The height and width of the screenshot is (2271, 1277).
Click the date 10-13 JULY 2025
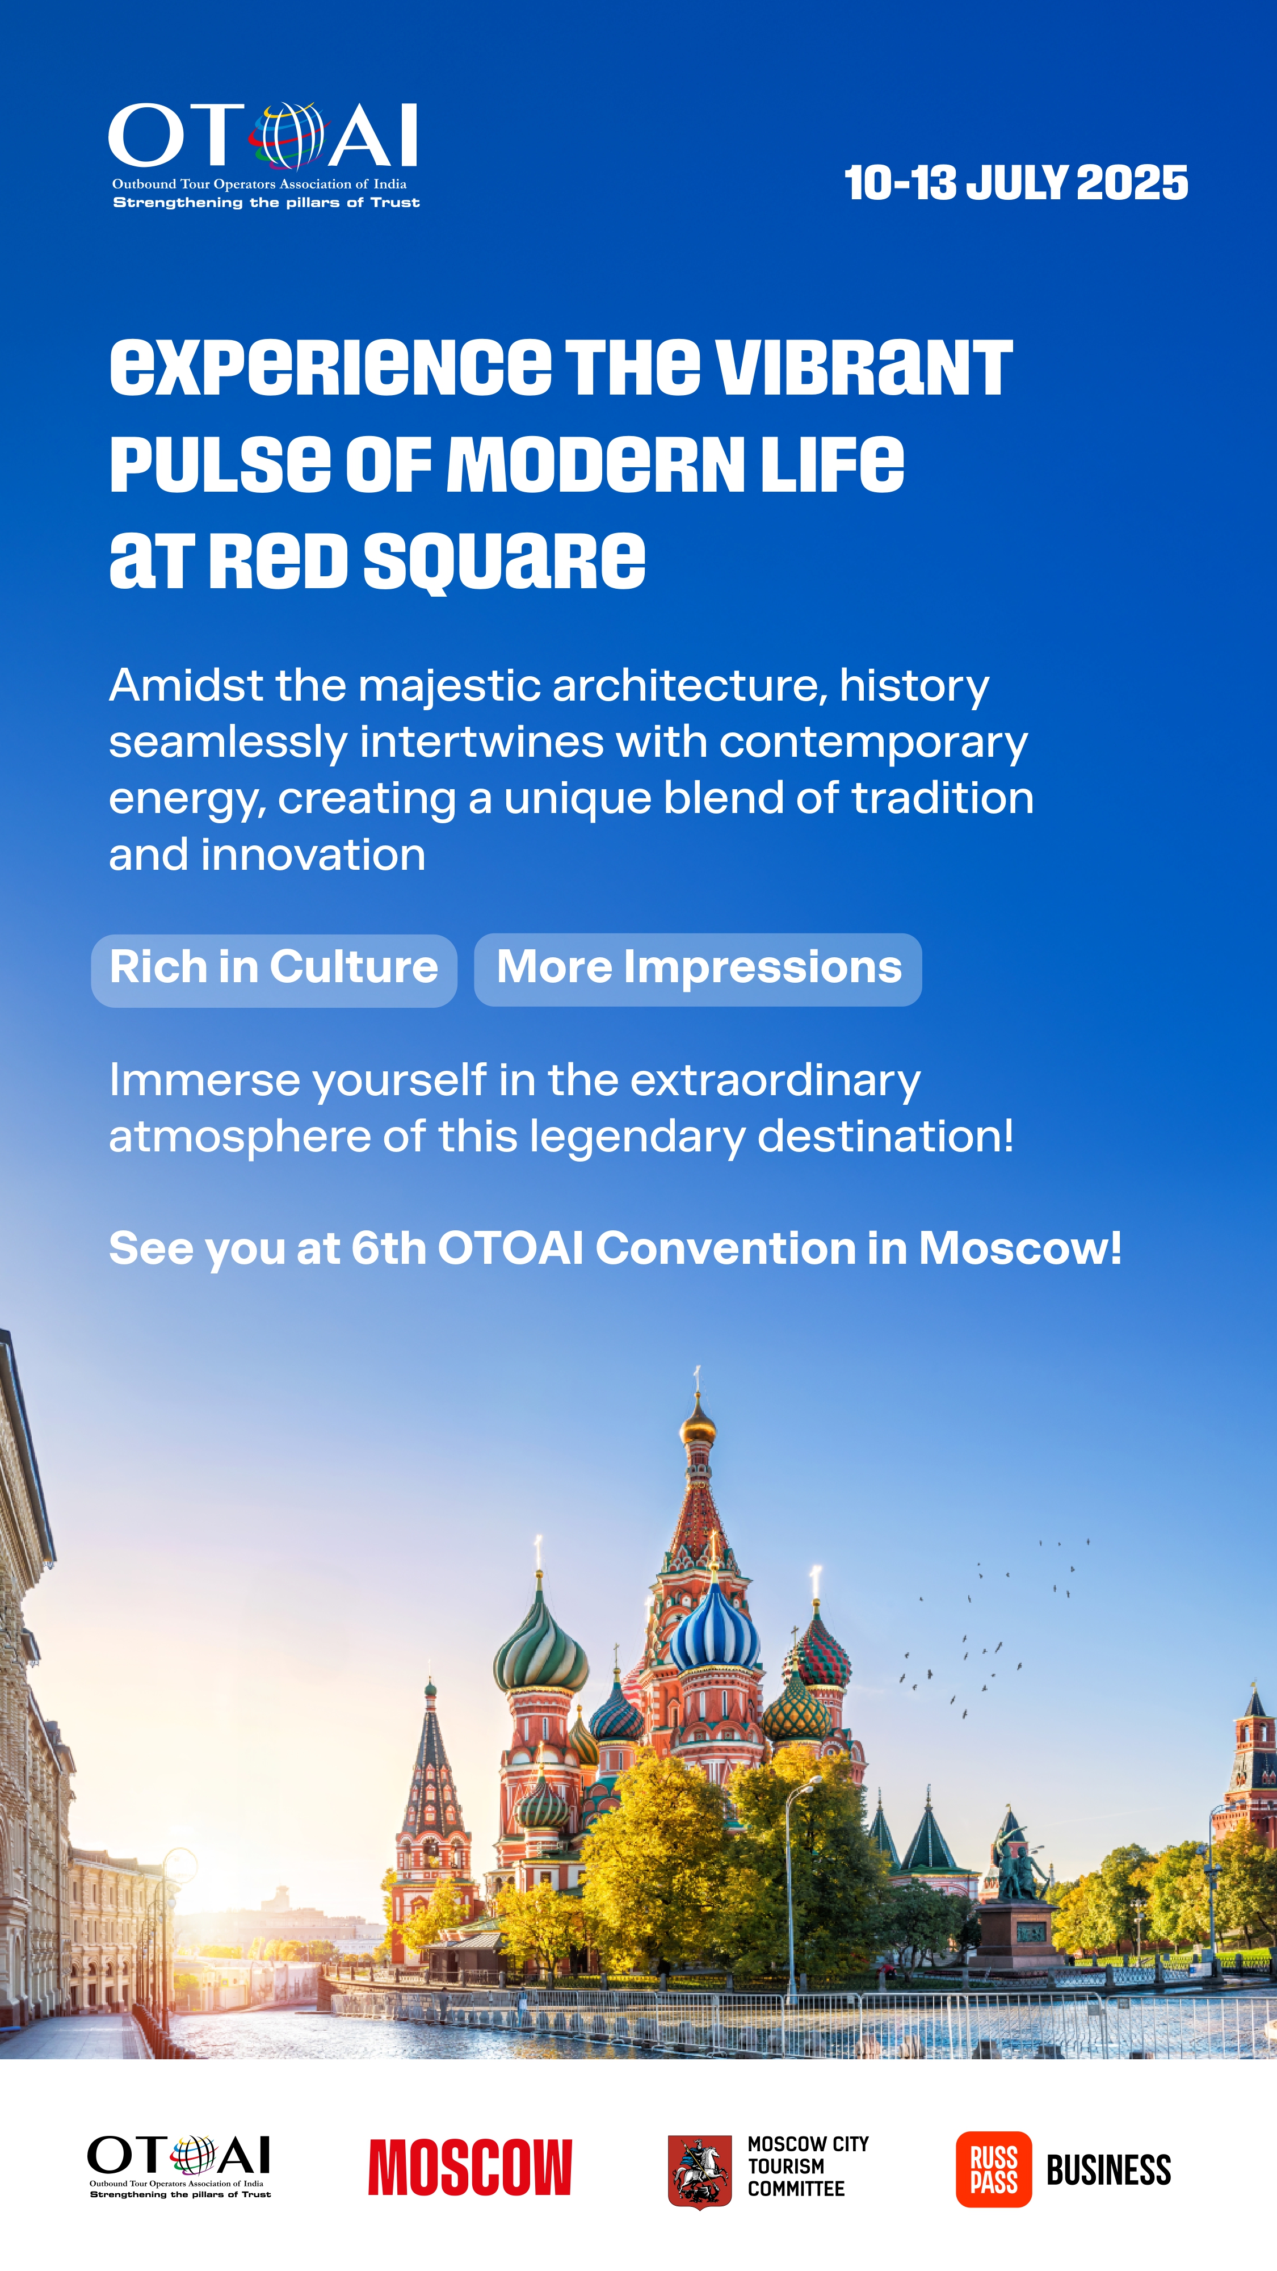1016,183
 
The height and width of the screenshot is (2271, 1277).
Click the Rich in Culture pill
274,970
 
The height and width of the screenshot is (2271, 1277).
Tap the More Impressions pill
698,969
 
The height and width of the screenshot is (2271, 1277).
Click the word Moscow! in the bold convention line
1020,1248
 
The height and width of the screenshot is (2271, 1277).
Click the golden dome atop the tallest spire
698,1421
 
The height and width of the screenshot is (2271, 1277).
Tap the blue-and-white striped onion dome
714,1633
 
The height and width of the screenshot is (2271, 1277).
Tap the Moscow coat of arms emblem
700,2171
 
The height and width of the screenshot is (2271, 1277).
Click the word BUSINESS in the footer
1108,2169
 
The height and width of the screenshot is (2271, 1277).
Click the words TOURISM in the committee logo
786,2166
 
